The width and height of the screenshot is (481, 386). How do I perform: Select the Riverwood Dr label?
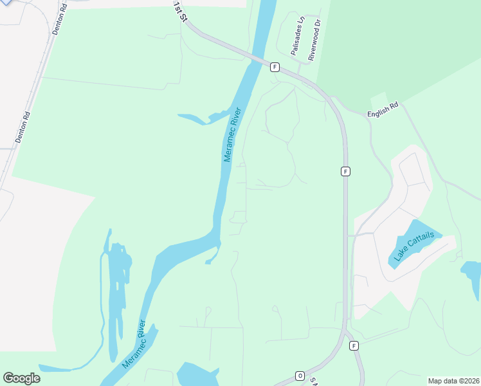click(314, 40)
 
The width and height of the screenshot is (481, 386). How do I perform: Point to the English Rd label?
click(383, 110)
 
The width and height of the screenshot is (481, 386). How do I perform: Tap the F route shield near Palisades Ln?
click(275, 67)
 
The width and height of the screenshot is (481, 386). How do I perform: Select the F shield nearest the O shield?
click(354, 346)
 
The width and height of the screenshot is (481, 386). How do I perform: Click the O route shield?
click(300, 376)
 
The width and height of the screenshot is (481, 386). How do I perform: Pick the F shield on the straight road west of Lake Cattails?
click(345, 171)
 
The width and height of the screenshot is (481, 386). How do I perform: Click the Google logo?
click(21, 378)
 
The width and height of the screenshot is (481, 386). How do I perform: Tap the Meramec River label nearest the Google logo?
click(134, 344)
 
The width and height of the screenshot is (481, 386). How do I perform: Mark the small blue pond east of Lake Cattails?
click(472, 275)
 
